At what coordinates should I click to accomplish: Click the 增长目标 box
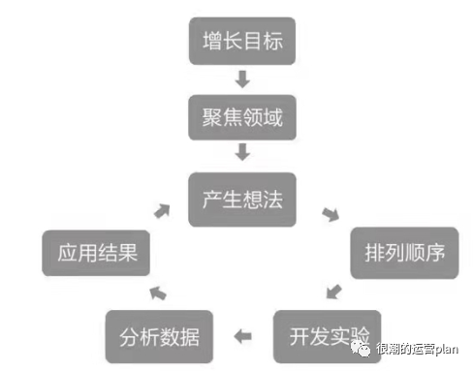(x=242, y=44)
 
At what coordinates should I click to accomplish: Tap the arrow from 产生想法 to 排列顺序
(x=331, y=214)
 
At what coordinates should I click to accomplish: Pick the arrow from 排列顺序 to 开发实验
(x=334, y=291)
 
